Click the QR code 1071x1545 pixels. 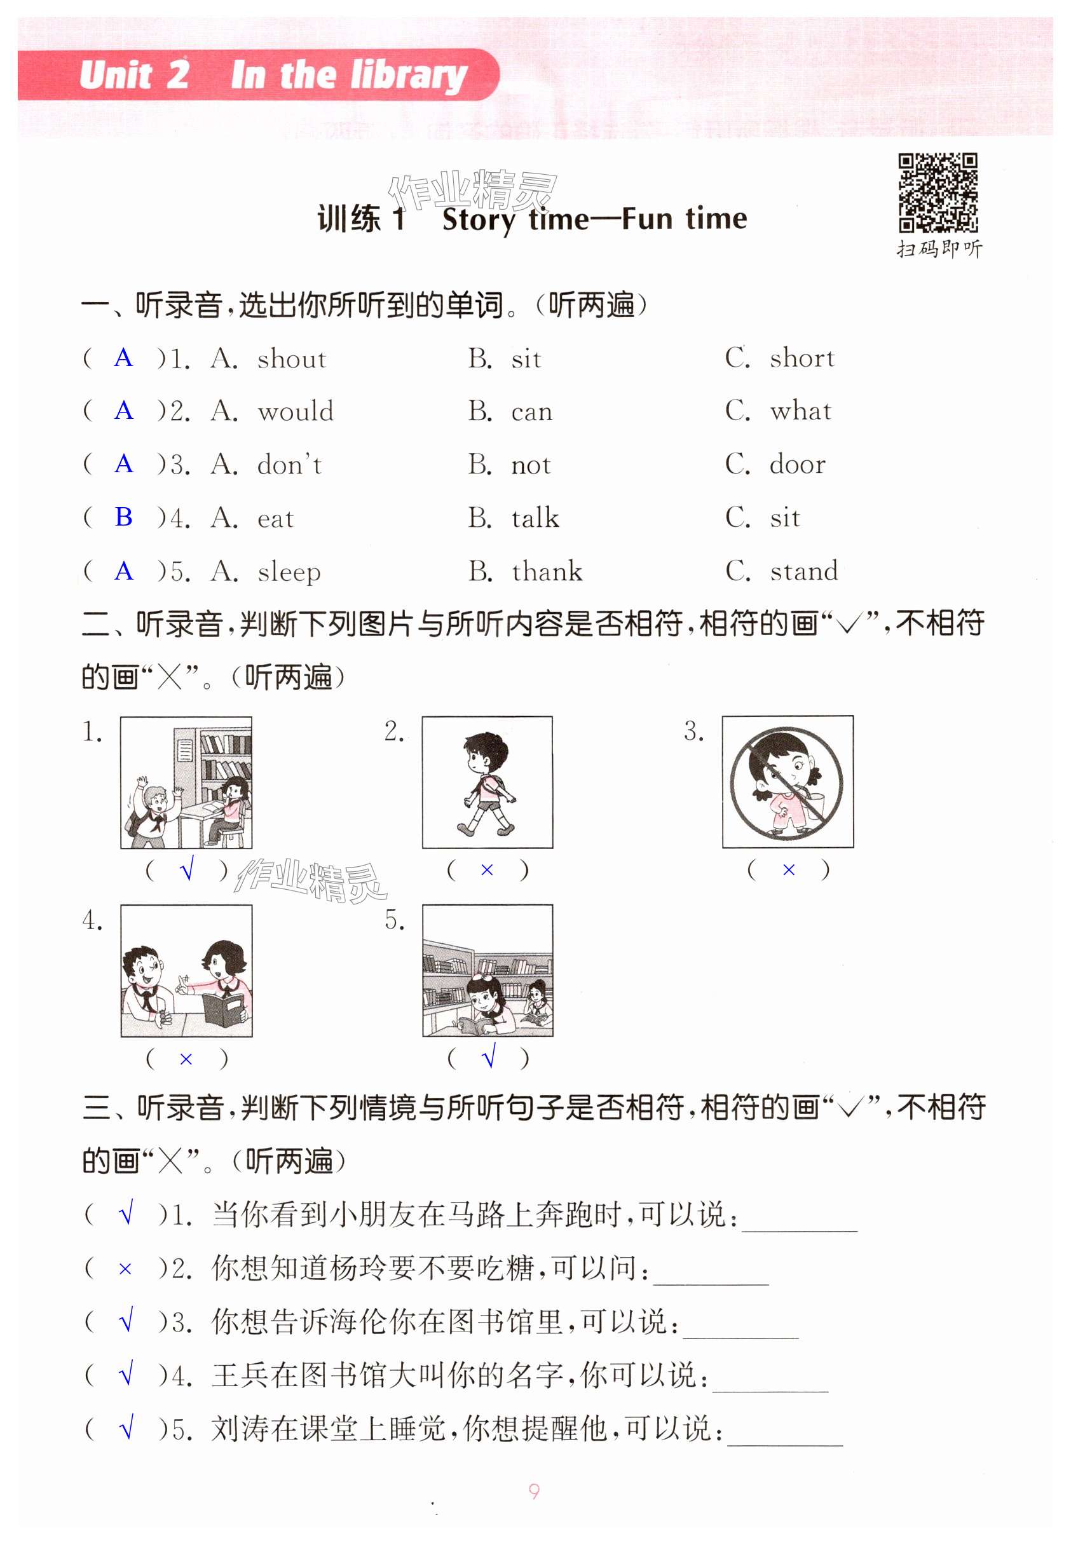click(x=938, y=193)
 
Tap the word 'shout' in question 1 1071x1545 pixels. click(x=292, y=359)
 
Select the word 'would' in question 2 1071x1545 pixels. click(x=296, y=411)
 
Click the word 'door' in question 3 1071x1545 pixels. click(x=797, y=464)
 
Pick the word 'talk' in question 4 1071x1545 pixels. click(x=535, y=518)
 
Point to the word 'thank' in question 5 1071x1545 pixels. click(x=547, y=571)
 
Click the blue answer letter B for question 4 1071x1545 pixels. click(x=123, y=517)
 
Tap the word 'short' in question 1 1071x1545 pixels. click(x=802, y=358)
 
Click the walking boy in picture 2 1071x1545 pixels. click(x=486, y=783)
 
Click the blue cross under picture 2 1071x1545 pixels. click(x=487, y=870)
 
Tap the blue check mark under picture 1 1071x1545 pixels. click(x=188, y=869)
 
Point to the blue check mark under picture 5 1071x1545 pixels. click(x=489, y=1057)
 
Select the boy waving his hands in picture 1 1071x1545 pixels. click(x=154, y=808)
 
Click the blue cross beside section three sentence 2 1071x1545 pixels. click(x=125, y=1269)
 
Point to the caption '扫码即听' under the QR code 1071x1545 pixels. click(x=939, y=250)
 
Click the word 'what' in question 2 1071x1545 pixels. click(x=801, y=411)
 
